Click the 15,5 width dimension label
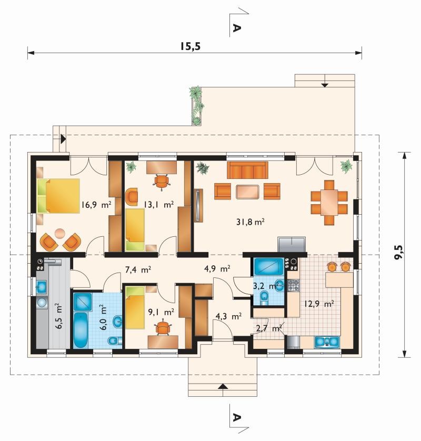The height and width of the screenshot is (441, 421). click(x=191, y=46)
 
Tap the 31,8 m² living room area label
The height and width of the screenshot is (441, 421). click(x=250, y=222)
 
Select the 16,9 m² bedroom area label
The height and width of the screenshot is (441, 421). click(x=96, y=205)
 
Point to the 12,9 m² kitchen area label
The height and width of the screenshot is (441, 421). click(x=319, y=304)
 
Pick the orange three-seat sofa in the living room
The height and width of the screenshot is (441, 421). click(x=247, y=170)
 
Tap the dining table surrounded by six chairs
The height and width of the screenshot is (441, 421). click(x=329, y=203)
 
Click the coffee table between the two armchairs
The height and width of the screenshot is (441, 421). click(x=247, y=192)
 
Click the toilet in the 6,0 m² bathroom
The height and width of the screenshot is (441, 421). click(x=114, y=341)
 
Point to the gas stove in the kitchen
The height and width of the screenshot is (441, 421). click(x=293, y=285)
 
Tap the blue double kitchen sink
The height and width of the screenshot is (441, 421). click(x=327, y=342)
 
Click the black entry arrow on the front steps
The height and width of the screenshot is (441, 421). click(x=223, y=386)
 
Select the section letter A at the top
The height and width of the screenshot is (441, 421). click(x=237, y=28)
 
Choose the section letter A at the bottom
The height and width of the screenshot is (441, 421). click(x=237, y=417)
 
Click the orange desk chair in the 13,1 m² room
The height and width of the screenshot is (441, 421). click(x=162, y=182)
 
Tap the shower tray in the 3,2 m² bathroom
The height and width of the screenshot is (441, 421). click(x=268, y=266)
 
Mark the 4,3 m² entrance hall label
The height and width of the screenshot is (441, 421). click(x=228, y=317)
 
